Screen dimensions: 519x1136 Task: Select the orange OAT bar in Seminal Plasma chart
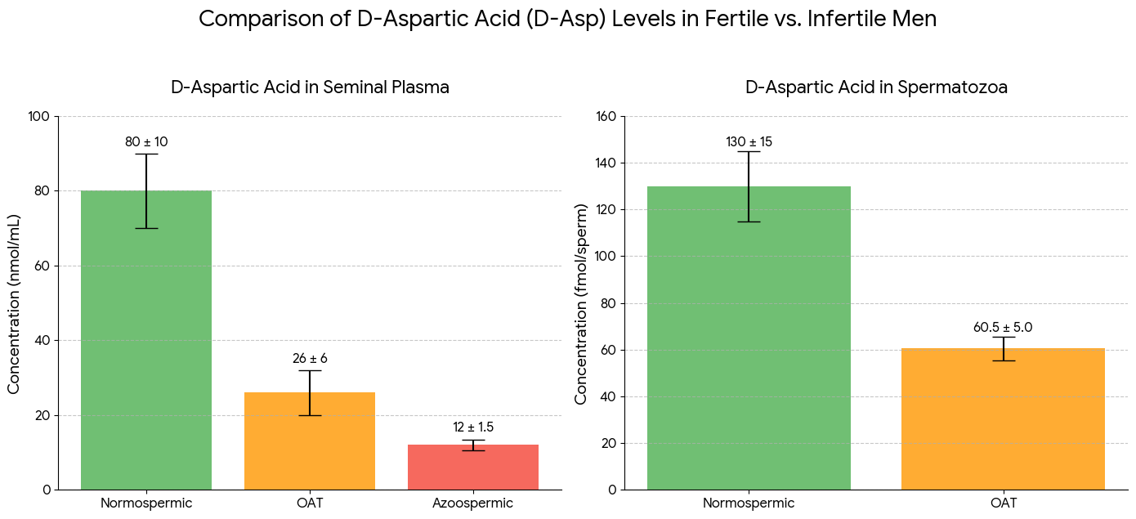(310, 441)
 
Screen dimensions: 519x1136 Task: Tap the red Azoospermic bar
(473, 468)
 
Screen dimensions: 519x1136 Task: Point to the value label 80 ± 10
(146, 142)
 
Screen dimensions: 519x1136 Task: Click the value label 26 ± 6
(310, 359)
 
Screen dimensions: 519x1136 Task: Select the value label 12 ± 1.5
(473, 427)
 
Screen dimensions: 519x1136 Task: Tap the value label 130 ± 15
(749, 142)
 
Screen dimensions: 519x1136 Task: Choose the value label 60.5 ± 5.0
(1003, 328)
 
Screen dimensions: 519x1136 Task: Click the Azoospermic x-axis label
(473, 503)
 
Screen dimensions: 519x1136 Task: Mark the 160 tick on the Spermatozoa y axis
(605, 117)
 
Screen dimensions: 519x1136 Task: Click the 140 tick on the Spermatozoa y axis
(605, 163)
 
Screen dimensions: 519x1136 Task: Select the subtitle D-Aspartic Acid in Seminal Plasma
(310, 87)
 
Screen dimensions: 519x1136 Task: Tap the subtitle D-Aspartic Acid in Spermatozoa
(876, 87)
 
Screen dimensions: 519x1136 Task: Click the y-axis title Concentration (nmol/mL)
(14, 303)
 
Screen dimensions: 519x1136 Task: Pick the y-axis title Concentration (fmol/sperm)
(581, 303)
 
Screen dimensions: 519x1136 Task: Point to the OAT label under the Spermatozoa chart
(1003, 503)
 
